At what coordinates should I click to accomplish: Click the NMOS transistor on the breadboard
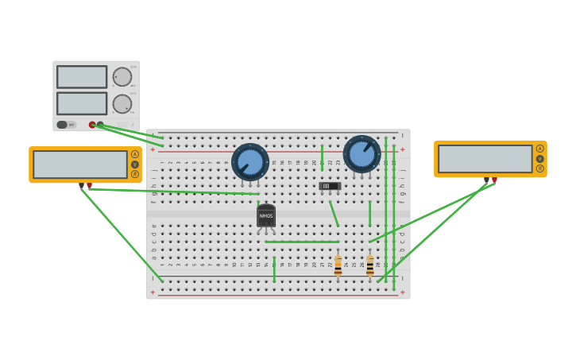click(266, 215)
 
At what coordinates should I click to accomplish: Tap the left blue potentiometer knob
click(250, 161)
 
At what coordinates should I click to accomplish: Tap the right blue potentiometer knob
click(361, 153)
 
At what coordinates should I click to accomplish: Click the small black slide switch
click(330, 186)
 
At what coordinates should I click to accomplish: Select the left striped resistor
click(338, 265)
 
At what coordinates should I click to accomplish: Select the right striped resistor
click(369, 265)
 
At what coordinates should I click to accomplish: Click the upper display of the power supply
click(82, 77)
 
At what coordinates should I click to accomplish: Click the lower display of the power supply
click(82, 103)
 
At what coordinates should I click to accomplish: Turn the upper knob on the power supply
click(122, 77)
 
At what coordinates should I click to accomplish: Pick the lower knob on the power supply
click(122, 104)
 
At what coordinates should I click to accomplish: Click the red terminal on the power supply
click(92, 125)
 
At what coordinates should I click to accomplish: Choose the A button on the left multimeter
click(135, 154)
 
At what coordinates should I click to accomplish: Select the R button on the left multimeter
click(135, 174)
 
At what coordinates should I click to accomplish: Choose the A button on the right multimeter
click(540, 149)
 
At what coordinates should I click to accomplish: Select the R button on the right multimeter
click(540, 168)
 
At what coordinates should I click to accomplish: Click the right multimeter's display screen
click(485, 158)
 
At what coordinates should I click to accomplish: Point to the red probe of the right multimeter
click(494, 180)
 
